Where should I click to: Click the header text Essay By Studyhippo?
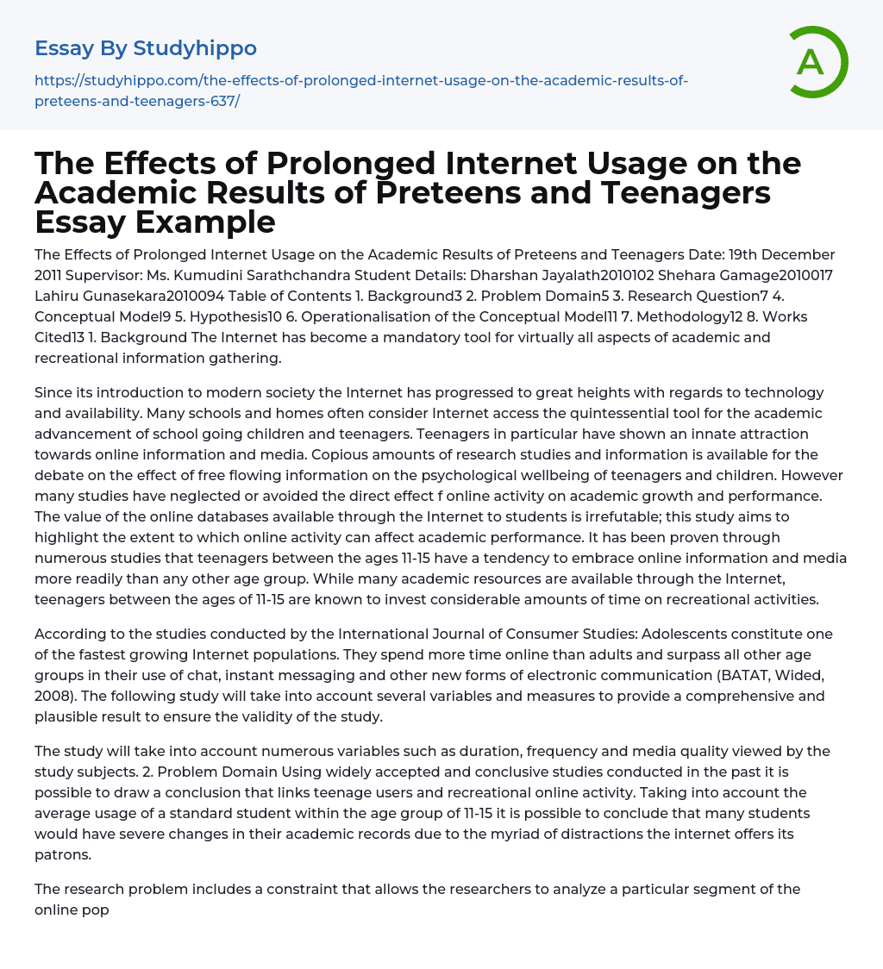(146, 48)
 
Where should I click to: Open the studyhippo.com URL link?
(360, 91)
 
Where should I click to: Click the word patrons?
(62, 854)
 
